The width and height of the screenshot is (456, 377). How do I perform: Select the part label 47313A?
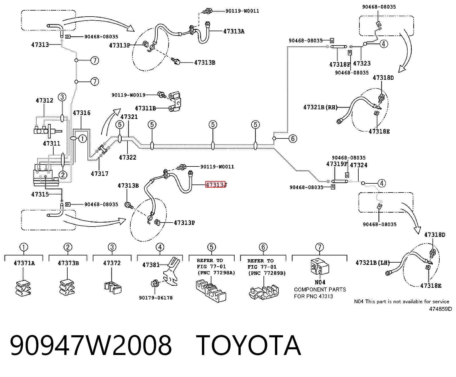[x=234, y=31]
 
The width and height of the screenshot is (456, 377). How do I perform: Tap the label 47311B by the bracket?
[x=146, y=108]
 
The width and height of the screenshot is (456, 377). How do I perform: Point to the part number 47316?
[x=82, y=113]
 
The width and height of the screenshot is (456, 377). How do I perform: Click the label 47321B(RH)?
[x=321, y=107]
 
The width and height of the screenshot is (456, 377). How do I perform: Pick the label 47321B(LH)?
[x=373, y=263]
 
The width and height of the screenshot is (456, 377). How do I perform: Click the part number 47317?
[x=100, y=174]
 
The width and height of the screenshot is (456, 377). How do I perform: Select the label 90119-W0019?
[x=128, y=95]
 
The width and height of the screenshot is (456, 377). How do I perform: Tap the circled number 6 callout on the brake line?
[x=293, y=138]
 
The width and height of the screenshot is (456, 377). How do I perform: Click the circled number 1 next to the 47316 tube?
[x=82, y=138]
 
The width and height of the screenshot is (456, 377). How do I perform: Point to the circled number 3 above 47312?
[x=62, y=97]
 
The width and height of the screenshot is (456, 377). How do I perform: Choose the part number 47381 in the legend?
[x=151, y=265]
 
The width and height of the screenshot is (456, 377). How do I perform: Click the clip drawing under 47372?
[x=113, y=288]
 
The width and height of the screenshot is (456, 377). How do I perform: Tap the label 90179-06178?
[x=156, y=298]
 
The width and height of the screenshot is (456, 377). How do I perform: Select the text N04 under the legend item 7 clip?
[x=320, y=282]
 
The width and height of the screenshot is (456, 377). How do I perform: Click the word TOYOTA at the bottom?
[x=248, y=346]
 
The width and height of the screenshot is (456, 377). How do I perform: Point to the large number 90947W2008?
[x=91, y=346]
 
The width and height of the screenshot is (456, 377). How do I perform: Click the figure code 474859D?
[x=440, y=309]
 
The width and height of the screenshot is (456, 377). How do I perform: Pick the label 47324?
[x=359, y=165]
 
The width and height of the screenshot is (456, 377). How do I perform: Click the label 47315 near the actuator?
[x=40, y=194]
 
